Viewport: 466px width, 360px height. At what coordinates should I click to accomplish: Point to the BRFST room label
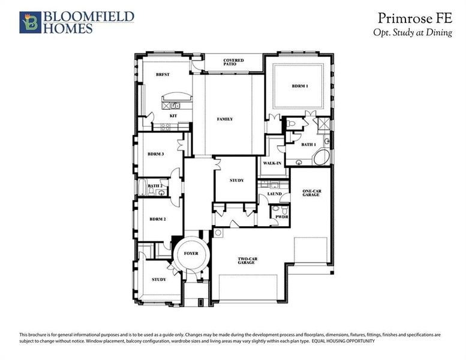tap(163, 75)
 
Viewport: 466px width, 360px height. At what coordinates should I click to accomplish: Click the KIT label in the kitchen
tap(173, 115)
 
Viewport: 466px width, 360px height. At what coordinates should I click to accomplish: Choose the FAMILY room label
tap(225, 119)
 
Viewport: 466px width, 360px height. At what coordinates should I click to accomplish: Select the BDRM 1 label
tap(300, 86)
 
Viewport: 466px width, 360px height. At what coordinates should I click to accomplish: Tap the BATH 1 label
tap(308, 145)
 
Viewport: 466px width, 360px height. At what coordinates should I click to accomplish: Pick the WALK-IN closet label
tap(272, 163)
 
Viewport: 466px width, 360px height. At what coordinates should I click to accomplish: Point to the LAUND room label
tap(274, 194)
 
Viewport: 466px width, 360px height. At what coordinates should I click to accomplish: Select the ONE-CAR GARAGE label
tap(310, 193)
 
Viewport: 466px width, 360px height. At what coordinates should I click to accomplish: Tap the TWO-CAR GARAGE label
tap(246, 261)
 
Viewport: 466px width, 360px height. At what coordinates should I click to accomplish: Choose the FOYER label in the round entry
tap(191, 254)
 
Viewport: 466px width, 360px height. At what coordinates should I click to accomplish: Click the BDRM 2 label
tap(157, 219)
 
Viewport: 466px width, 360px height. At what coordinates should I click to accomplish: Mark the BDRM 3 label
tap(156, 154)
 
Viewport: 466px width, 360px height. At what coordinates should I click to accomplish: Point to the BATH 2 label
tap(155, 186)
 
